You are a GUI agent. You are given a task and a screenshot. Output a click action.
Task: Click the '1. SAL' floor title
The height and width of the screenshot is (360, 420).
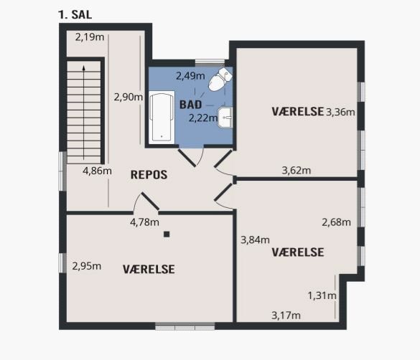75,14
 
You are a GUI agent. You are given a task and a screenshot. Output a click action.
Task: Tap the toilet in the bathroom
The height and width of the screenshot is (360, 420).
220,79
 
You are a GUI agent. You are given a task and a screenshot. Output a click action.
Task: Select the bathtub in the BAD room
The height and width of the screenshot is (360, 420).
162,118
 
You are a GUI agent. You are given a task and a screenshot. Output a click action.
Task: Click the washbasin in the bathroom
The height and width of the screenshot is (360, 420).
225,117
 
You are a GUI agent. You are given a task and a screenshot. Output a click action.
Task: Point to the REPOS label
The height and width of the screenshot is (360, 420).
149,175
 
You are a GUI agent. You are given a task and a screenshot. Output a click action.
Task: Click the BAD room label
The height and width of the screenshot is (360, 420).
190,105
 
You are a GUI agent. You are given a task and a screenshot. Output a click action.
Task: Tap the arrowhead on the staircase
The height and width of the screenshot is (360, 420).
84,68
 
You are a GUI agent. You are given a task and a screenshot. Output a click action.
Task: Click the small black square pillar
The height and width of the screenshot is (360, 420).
167,235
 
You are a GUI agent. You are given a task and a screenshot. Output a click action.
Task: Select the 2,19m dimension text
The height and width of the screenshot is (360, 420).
90,37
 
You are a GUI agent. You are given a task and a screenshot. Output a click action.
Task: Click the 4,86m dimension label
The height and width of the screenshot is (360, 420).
97,171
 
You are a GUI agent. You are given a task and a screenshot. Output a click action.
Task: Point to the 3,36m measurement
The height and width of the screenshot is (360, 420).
340,112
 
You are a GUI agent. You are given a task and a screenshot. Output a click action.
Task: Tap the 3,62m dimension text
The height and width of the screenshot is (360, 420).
297,170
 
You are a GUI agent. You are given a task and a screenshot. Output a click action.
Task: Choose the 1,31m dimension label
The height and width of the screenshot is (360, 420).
322,295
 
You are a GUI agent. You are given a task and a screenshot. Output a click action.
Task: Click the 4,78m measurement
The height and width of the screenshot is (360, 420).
144,222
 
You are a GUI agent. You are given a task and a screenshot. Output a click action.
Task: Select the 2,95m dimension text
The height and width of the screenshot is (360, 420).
87,266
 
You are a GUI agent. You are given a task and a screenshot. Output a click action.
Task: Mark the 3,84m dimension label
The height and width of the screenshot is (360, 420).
255,240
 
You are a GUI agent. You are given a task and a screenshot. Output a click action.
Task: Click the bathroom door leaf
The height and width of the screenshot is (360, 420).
187,158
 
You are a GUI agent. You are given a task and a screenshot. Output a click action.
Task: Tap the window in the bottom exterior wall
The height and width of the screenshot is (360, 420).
185,326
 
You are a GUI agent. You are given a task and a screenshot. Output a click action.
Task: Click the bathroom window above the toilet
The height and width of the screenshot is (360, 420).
210,62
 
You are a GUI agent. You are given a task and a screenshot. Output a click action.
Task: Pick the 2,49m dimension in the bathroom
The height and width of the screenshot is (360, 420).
190,76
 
